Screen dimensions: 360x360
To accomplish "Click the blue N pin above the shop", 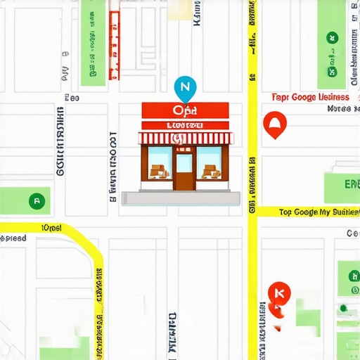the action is pos(185,87).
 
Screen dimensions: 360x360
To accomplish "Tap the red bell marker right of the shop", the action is pos(274,124).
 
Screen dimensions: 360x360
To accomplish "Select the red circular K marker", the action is pos(279,292).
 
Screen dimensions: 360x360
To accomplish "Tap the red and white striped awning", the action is pos(185,138).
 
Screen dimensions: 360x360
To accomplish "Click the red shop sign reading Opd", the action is pos(185,110).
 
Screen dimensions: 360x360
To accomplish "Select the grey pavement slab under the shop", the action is pos(181,198).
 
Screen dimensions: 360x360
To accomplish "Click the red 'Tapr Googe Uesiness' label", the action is pos(310,97).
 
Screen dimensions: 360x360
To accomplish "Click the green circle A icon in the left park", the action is pos(37,200).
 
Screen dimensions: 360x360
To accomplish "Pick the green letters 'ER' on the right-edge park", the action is pos(349,184).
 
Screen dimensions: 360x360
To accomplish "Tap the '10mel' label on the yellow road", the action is pos(52,228).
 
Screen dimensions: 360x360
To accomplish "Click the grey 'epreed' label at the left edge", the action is pos(13,238).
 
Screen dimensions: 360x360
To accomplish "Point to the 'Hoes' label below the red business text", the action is pos(339,109).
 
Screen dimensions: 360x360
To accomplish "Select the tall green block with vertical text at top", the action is pos(89,39).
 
